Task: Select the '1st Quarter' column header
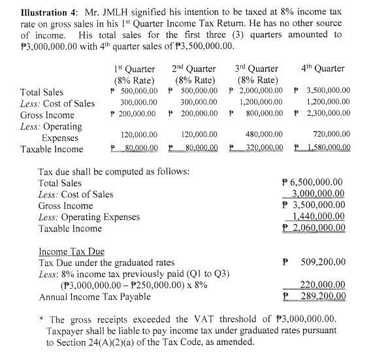134,68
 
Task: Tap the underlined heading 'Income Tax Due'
71,251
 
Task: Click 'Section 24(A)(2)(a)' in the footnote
101,343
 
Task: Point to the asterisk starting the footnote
41,319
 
